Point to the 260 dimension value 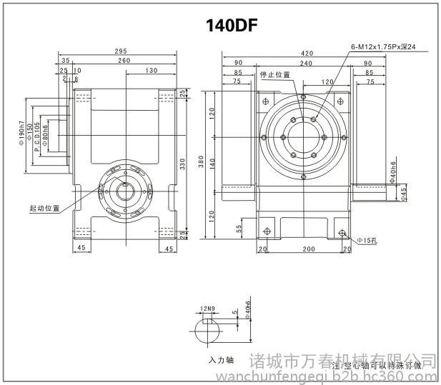(x=124, y=61)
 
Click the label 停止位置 (x=275, y=74)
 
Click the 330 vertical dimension (x=182, y=164)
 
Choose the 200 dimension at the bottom (x=307, y=249)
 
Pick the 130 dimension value (x=151, y=71)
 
